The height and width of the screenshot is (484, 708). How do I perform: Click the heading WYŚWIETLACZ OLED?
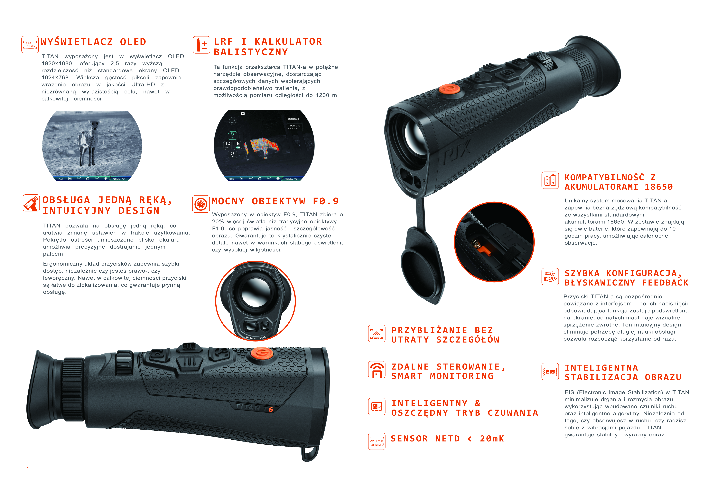click(x=94, y=42)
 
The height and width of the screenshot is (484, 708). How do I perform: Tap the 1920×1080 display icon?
click(x=30, y=45)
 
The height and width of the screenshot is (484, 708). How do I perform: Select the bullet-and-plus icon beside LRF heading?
click(x=201, y=45)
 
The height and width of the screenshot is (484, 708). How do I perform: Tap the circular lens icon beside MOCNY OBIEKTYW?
click(x=201, y=204)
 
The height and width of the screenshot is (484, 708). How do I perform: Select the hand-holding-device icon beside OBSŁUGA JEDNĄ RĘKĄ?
click(x=31, y=203)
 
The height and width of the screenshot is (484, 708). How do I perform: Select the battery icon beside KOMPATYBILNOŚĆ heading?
click(x=550, y=180)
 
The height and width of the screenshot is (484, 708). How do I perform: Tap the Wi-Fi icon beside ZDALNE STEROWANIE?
click(x=377, y=370)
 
